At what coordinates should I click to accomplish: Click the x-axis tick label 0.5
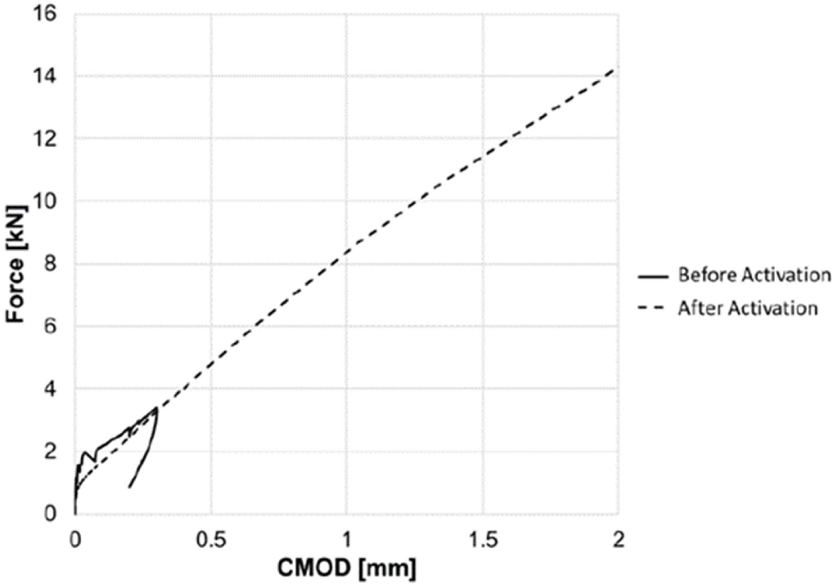click(x=211, y=540)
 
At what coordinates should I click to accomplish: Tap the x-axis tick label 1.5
click(x=483, y=540)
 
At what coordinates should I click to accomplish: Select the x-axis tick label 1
click(x=347, y=540)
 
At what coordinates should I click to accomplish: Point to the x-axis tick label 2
click(x=618, y=540)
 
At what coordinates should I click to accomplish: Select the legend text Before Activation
click(x=754, y=275)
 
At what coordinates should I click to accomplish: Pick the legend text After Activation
click(x=748, y=309)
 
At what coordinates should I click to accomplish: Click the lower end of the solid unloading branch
click(x=129, y=487)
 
